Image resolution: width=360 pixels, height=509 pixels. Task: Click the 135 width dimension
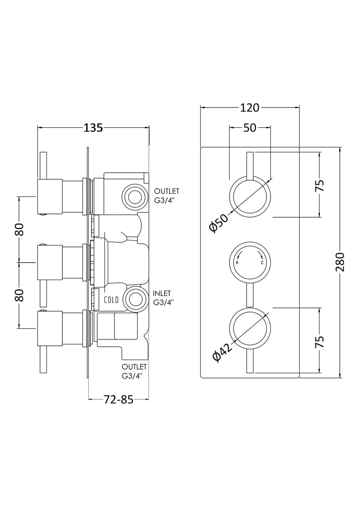(x=94, y=128)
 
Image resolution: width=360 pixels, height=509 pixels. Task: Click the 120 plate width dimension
(x=250, y=107)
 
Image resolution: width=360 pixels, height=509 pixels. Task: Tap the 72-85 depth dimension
(x=119, y=399)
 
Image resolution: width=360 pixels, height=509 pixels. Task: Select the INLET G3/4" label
(x=162, y=298)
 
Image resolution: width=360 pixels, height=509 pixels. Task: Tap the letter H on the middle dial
(x=237, y=263)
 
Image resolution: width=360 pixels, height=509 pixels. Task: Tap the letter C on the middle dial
(x=260, y=263)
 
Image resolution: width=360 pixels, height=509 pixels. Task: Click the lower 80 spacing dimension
(x=19, y=295)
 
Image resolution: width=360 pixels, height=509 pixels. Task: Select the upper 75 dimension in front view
(x=320, y=185)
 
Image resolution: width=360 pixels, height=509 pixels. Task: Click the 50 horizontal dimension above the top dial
(x=250, y=128)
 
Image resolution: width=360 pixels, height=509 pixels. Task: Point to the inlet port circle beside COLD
(x=135, y=299)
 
